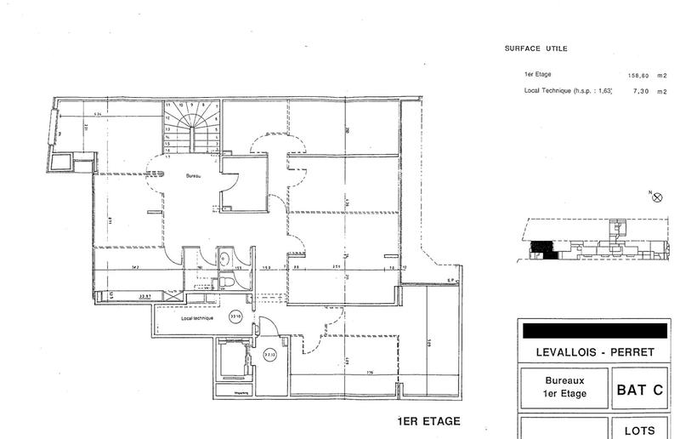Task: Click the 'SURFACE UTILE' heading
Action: (535, 48)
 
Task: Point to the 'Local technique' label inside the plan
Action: (197, 317)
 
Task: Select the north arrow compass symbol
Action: (656, 197)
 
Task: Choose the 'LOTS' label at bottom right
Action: (640, 430)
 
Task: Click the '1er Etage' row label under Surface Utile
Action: (539, 74)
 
